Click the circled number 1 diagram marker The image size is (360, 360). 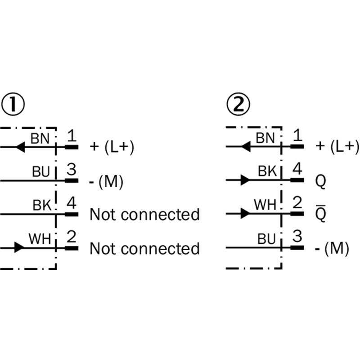pyautogui.click(x=13, y=104)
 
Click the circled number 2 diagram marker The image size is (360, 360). pyautogui.click(x=238, y=104)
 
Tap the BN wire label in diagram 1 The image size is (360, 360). pyautogui.click(x=40, y=139)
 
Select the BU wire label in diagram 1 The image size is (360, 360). pyautogui.click(x=41, y=172)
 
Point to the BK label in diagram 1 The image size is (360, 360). pyautogui.click(x=42, y=205)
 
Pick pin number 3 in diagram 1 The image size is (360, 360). pyautogui.click(x=72, y=170)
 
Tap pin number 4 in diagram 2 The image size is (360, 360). pyautogui.click(x=297, y=169)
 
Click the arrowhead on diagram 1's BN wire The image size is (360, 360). pyautogui.click(x=20, y=147)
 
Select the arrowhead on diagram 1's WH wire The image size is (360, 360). pyautogui.click(x=19, y=247)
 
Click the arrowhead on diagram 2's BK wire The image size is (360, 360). pyautogui.click(x=245, y=180)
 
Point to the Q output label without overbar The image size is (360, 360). pyautogui.click(x=321, y=181)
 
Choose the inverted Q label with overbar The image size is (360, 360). pyautogui.click(x=321, y=213)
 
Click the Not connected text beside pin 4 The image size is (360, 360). pyautogui.click(x=144, y=215)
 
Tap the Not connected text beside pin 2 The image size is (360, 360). pyautogui.click(x=144, y=248)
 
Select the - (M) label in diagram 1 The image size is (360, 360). pyautogui.click(x=106, y=182)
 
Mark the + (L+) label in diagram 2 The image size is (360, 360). pyautogui.click(x=337, y=147)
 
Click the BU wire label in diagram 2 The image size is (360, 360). pyautogui.click(x=266, y=239)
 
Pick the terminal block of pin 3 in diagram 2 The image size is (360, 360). pyautogui.click(x=297, y=248)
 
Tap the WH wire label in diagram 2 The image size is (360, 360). pyautogui.click(x=265, y=204)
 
